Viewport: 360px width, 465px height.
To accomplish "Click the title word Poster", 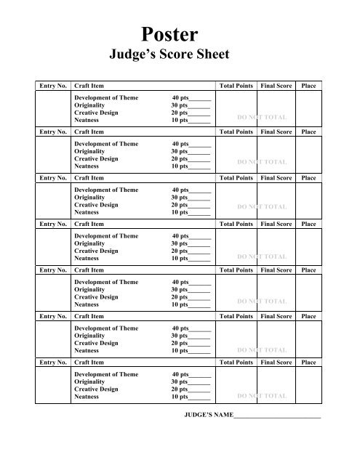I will [x=180, y=35].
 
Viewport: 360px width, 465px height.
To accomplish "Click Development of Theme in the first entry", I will [x=106, y=97].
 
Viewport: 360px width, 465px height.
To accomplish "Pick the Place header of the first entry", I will [x=308, y=86].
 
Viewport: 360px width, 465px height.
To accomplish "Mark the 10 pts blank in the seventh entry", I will [x=200, y=398].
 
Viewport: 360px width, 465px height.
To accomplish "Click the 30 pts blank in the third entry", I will [x=200, y=198].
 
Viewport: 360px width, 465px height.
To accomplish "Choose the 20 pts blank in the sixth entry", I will [x=200, y=344].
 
